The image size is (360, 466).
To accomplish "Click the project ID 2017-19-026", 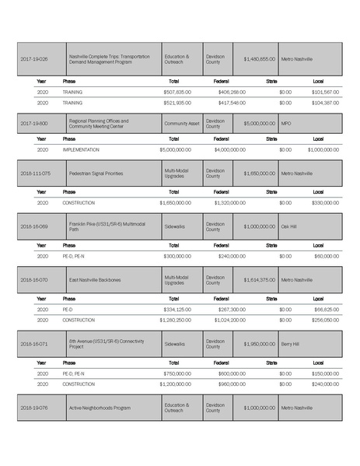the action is [34, 59].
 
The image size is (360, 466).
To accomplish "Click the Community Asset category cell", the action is [181, 123].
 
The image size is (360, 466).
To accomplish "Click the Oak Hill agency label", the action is [288, 226].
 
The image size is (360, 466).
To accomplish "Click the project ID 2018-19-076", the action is [34, 407].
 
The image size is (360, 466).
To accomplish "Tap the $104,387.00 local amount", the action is [324, 103].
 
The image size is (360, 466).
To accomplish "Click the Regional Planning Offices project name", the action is [99, 123].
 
